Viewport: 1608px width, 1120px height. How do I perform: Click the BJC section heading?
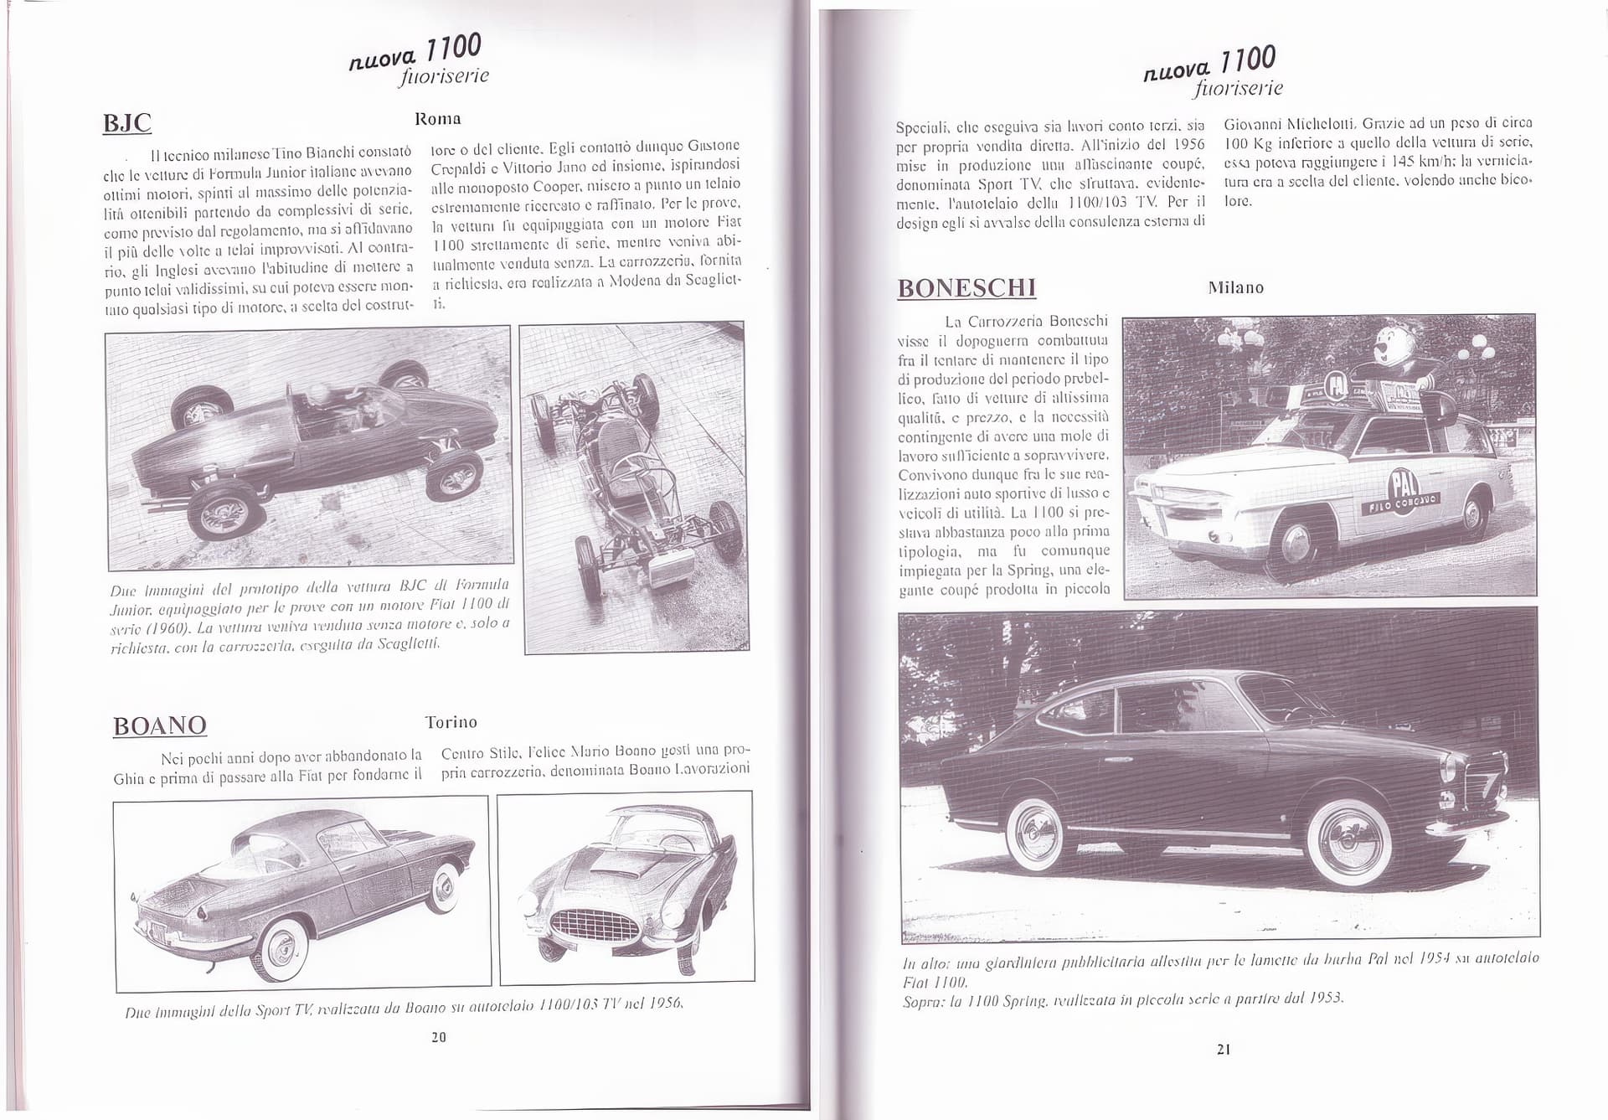tap(126, 123)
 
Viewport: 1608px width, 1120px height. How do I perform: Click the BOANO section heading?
tap(160, 725)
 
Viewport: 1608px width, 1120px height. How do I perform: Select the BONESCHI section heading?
tap(966, 288)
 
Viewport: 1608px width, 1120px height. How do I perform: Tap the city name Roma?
tap(438, 119)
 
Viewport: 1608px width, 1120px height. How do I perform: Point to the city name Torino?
tap(451, 722)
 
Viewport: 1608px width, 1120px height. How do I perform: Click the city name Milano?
tap(1235, 287)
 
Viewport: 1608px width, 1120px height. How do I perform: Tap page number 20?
tap(439, 1037)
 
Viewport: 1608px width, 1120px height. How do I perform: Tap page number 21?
tap(1224, 1049)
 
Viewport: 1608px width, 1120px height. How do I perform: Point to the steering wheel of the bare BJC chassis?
tap(626, 458)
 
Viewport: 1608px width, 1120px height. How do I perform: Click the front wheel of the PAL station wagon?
tap(1297, 545)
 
